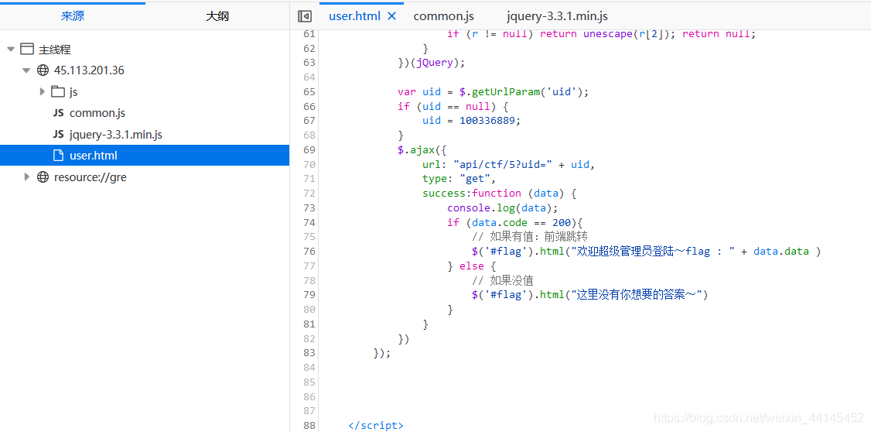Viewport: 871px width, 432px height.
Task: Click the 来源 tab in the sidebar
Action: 72,16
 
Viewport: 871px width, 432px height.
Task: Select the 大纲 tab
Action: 217,16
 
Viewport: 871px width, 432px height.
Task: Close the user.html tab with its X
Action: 391,16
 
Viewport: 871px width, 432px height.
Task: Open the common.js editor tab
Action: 443,16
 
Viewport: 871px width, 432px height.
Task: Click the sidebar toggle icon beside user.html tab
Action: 305,16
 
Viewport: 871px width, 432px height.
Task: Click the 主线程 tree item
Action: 54,50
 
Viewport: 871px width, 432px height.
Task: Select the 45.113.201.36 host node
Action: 89,70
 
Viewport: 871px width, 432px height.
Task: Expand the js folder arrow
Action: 43,91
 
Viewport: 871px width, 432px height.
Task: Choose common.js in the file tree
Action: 97,113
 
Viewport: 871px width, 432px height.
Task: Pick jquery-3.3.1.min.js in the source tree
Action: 115,135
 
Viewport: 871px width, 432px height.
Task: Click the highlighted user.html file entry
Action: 94,156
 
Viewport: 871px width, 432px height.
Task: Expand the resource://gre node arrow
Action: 26,177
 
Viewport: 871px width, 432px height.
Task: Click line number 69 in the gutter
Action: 309,149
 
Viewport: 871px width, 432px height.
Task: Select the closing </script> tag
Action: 376,425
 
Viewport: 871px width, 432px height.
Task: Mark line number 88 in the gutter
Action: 309,425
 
